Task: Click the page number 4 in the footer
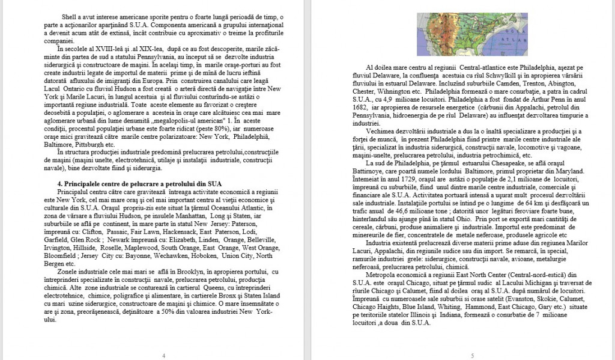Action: [163, 355]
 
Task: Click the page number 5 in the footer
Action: [472, 355]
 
